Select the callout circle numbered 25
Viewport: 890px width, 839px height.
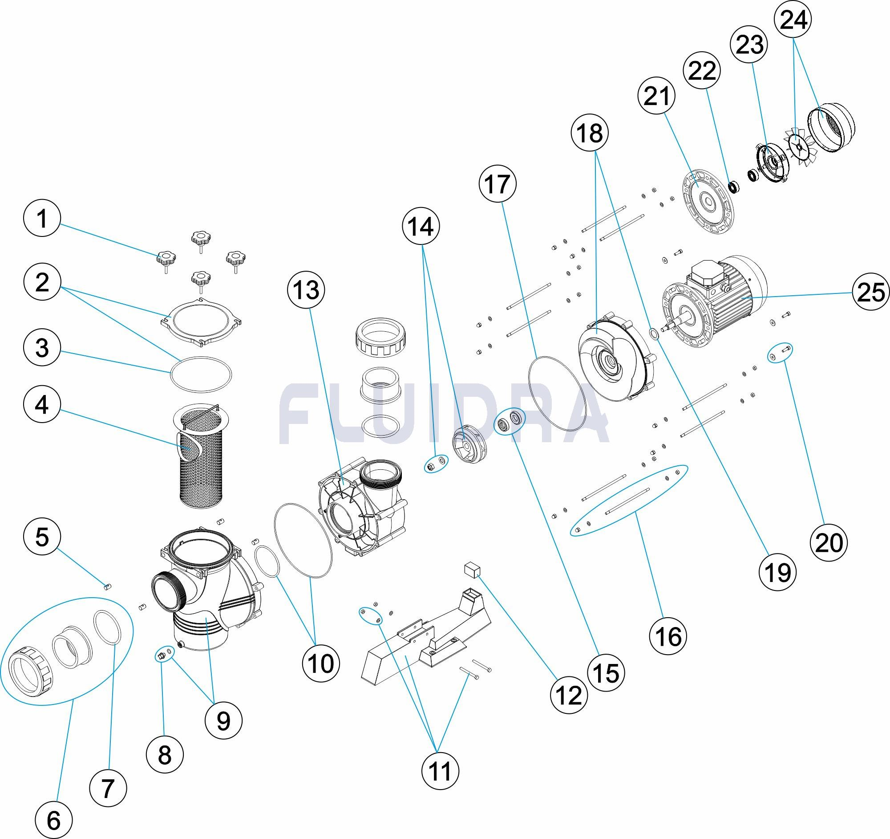coord(871,293)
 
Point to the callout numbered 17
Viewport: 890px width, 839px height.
coord(497,184)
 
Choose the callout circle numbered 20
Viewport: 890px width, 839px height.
coord(829,543)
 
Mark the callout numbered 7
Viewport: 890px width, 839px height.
coord(107,787)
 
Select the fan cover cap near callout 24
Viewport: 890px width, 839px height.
coord(832,128)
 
